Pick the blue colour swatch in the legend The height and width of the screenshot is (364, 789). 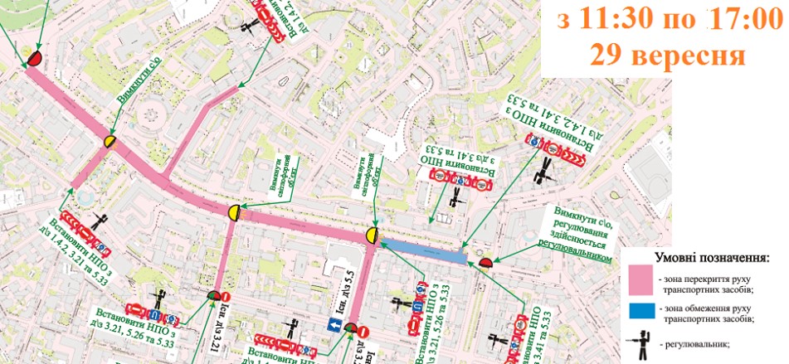point(640,312)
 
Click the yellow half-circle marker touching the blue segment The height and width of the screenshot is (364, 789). point(373,235)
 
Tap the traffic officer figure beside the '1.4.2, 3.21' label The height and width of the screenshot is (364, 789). point(101,221)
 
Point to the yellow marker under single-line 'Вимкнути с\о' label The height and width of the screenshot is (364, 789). point(109,142)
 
